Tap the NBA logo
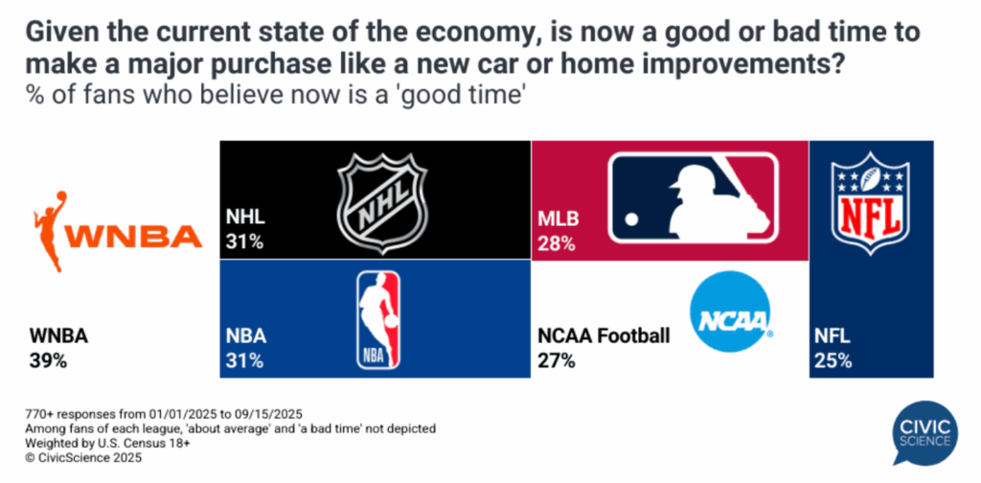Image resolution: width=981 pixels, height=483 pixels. [x=377, y=320]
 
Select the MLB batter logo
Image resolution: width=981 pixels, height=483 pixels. [x=695, y=197]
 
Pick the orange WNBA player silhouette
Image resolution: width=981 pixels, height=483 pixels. [x=52, y=231]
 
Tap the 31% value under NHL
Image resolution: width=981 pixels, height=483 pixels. [x=244, y=241]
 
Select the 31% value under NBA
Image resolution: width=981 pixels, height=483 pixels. [x=245, y=361]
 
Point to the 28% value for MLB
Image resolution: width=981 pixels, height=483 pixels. [x=557, y=242]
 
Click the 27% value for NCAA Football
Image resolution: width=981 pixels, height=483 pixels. [x=557, y=361]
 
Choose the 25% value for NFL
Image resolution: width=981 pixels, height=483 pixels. [x=833, y=361]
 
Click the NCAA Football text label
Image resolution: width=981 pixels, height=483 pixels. [x=604, y=336]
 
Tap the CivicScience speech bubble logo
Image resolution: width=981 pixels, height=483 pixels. [x=924, y=434]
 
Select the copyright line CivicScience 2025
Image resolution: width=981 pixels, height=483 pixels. [x=83, y=457]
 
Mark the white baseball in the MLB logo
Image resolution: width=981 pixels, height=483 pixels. [x=632, y=218]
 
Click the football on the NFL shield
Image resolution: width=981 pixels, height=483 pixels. [x=871, y=179]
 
